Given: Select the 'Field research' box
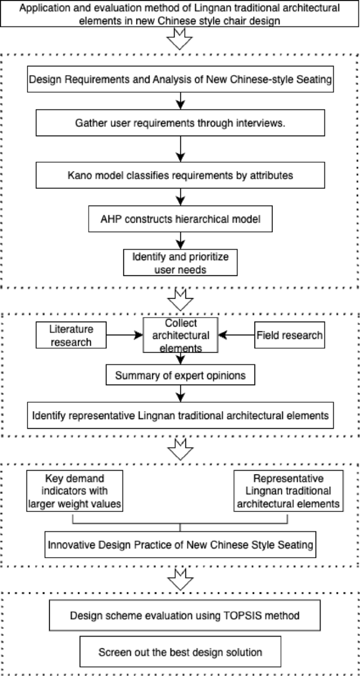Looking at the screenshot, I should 290,335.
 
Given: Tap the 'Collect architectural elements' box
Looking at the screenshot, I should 180,335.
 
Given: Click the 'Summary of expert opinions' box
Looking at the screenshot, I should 180,376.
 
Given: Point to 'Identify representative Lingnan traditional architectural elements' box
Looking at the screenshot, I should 180,414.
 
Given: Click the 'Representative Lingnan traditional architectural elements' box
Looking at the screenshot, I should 288,491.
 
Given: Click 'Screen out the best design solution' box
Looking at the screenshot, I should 180,652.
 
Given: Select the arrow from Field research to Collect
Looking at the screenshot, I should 236,335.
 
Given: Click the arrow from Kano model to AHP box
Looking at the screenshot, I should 180,199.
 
